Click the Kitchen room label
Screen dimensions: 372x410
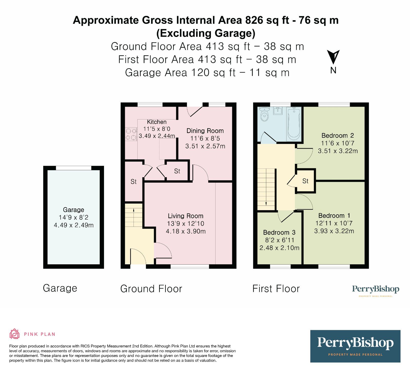(x=157, y=122)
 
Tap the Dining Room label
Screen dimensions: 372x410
(x=205, y=131)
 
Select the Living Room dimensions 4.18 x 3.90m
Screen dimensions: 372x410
(x=186, y=231)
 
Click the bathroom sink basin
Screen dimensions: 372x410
(x=278, y=111)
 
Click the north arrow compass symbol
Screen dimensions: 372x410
(x=333, y=57)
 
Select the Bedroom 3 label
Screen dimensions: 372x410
(x=279, y=233)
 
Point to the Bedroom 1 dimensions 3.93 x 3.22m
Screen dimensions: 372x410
(x=334, y=231)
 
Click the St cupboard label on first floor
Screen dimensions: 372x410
(x=305, y=181)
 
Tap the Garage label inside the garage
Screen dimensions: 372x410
(x=74, y=210)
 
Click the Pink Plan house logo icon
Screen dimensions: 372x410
(x=14, y=334)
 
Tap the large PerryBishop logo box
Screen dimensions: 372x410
(x=355, y=346)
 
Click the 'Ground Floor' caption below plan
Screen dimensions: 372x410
(x=151, y=289)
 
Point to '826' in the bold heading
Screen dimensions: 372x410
(x=254, y=20)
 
